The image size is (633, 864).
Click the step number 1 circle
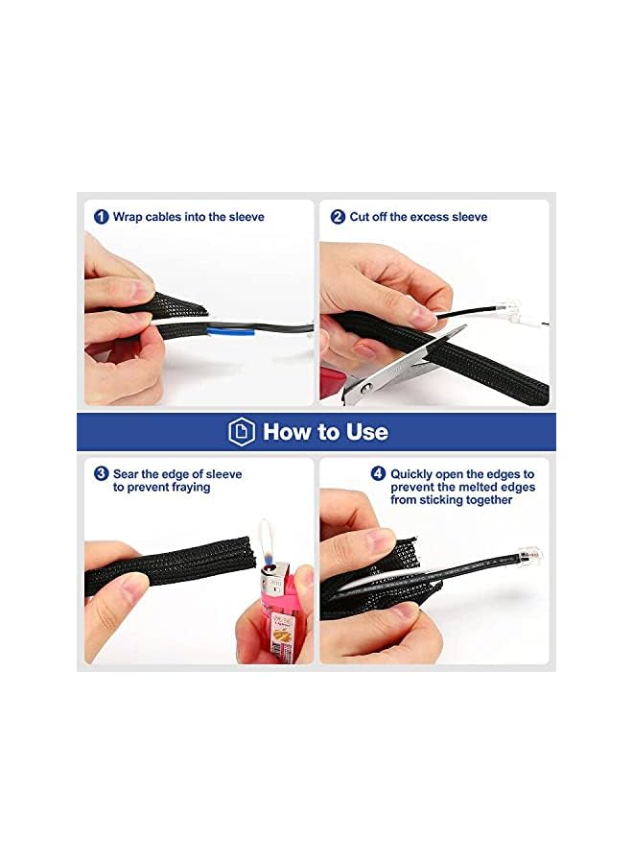click(x=102, y=217)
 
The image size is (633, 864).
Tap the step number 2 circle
click(x=338, y=217)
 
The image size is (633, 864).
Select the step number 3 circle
click(x=102, y=473)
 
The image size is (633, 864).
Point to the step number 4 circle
click(x=378, y=473)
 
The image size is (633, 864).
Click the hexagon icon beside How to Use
click(x=242, y=431)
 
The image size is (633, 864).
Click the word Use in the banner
click(x=367, y=431)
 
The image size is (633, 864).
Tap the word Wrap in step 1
click(x=128, y=217)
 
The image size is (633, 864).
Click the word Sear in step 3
click(x=126, y=474)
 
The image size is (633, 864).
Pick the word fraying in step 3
click(x=191, y=488)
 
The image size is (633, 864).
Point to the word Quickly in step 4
click(x=411, y=474)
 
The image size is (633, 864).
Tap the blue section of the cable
click(x=231, y=332)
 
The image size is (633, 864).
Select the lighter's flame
click(x=267, y=542)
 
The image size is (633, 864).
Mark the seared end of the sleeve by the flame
click(x=248, y=553)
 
